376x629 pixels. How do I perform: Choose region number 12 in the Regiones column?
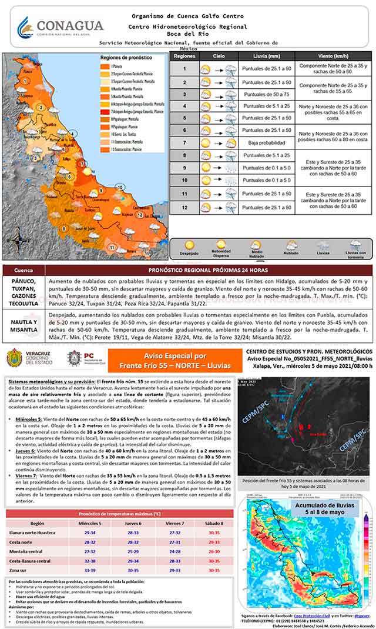click(184, 207)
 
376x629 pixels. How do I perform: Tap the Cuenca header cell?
click(23, 270)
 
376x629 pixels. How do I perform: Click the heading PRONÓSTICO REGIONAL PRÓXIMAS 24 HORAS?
click(209, 270)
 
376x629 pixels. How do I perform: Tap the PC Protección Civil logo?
click(81, 359)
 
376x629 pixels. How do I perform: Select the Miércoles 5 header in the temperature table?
click(91, 522)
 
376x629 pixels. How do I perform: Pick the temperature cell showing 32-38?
click(91, 561)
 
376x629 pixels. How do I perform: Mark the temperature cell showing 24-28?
click(173, 551)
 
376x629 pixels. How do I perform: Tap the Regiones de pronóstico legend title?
click(121, 58)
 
